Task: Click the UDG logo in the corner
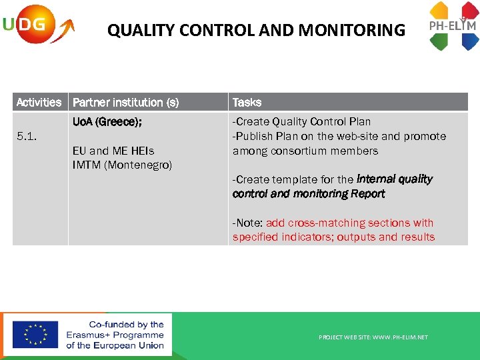tap(37, 25)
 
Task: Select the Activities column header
tap(39, 102)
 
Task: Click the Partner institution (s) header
tap(125, 102)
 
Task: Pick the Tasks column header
tap(247, 102)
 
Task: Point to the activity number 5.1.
tap(27, 137)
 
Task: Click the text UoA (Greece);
tap(107, 122)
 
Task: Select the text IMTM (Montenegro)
tap(122, 165)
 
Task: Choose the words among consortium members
tap(305, 151)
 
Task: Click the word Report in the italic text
tap(367, 194)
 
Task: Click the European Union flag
tap(35, 335)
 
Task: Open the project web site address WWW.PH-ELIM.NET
tap(400, 337)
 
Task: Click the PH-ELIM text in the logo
tap(452, 26)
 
